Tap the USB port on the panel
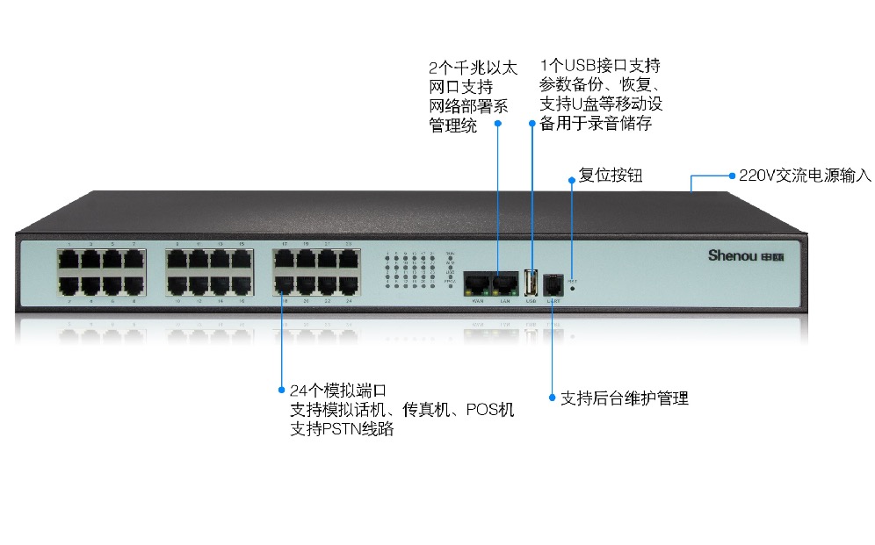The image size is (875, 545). pos(531,283)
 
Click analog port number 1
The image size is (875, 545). pos(69,260)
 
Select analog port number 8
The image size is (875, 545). pos(134,283)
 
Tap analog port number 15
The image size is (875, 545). pos(242,260)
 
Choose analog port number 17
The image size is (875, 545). pos(284,260)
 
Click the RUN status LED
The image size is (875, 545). pos(451,258)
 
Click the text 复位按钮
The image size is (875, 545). pos(611,176)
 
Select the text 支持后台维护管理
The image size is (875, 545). pos(624,398)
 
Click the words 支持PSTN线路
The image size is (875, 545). pos(342,430)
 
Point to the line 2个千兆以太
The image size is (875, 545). pos(473,68)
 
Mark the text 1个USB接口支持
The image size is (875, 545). pos(601,65)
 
